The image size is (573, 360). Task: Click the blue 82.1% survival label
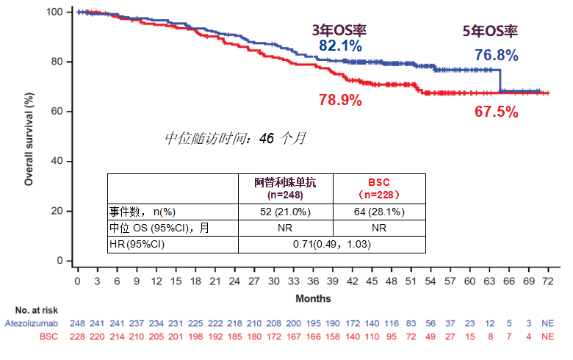tap(340, 46)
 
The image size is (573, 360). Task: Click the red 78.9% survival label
tap(340, 100)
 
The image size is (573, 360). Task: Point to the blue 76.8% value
tap(496, 55)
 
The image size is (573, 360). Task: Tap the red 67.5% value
tap(496, 112)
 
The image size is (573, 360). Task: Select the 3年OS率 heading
tap(339, 30)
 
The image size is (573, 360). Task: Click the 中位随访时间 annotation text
tap(235, 137)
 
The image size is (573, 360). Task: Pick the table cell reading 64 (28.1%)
tap(379, 212)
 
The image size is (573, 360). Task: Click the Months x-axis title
tap(313, 298)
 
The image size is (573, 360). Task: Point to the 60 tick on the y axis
tap(58, 112)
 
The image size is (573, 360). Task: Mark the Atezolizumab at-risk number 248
tap(78, 323)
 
